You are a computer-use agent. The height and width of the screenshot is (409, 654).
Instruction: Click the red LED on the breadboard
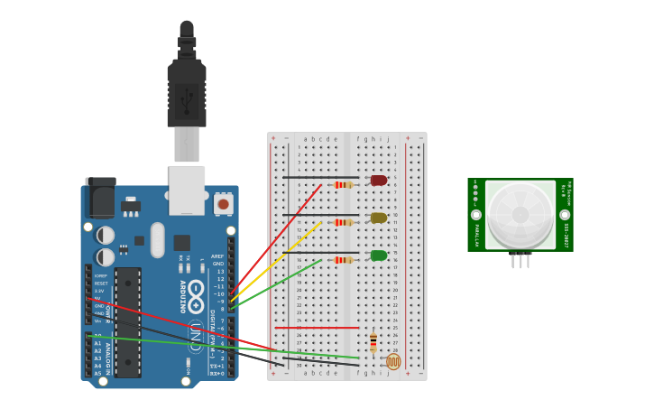point(379,181)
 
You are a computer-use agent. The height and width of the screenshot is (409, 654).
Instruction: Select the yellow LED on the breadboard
point(379,218)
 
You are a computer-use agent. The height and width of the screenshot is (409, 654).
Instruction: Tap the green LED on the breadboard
point(379,256)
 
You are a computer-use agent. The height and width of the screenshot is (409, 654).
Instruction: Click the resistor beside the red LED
point(343,185)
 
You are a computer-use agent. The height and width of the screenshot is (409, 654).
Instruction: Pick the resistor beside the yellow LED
point(343,222)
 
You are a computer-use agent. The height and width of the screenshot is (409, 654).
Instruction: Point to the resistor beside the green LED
point(343,260)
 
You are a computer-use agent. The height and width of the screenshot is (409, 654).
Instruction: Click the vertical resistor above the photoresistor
point(373,343)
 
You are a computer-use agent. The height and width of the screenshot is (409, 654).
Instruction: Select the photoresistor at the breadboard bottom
point(392,361)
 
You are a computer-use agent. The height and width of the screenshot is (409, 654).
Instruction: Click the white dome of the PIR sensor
point(520,215)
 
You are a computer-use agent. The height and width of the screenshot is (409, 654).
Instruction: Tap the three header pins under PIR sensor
point(520,260)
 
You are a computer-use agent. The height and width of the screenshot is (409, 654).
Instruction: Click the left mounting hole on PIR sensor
point(476,215)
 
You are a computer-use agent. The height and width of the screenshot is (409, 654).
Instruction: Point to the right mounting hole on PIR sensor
point(565,215)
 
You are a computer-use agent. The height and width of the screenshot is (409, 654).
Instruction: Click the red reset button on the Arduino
point(223,204)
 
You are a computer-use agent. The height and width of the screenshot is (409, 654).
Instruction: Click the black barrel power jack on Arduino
point(100,197)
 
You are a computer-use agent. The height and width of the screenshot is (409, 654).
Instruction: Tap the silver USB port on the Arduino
point(187,190)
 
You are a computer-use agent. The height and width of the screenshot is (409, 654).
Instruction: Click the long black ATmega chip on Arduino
point(127,321)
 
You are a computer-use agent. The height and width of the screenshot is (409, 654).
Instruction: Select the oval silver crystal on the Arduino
point(158,240)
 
